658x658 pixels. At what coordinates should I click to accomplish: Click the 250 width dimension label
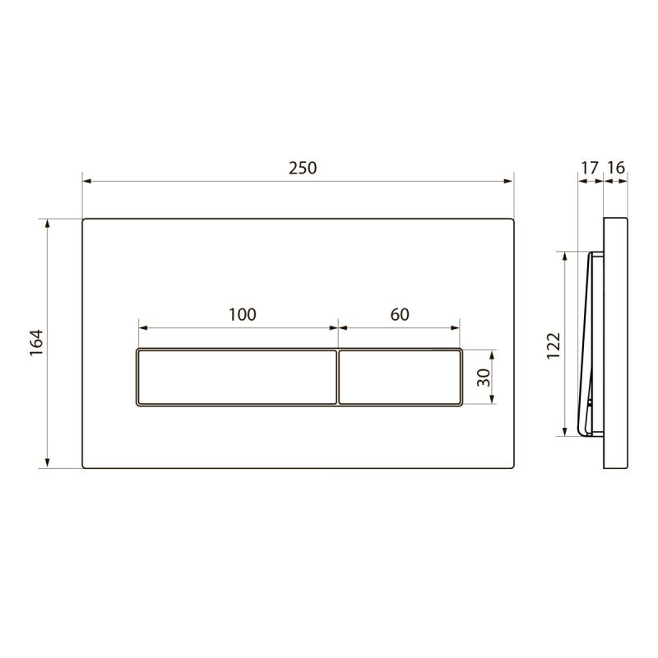[303, 168]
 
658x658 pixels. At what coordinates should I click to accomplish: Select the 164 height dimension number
[37, 343]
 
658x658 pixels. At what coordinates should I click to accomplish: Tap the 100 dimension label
[242, 314]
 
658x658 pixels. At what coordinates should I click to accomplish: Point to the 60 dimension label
[400, 314]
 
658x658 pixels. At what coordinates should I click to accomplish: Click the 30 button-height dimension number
[484, 378]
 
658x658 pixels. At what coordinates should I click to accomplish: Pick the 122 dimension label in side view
[554, 345]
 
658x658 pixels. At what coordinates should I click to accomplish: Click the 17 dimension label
[589, 168]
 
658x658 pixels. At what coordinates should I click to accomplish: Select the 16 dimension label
[616, 168]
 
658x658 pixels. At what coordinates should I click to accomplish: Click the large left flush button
[237, 378]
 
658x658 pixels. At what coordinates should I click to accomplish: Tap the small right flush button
[400, 378]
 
